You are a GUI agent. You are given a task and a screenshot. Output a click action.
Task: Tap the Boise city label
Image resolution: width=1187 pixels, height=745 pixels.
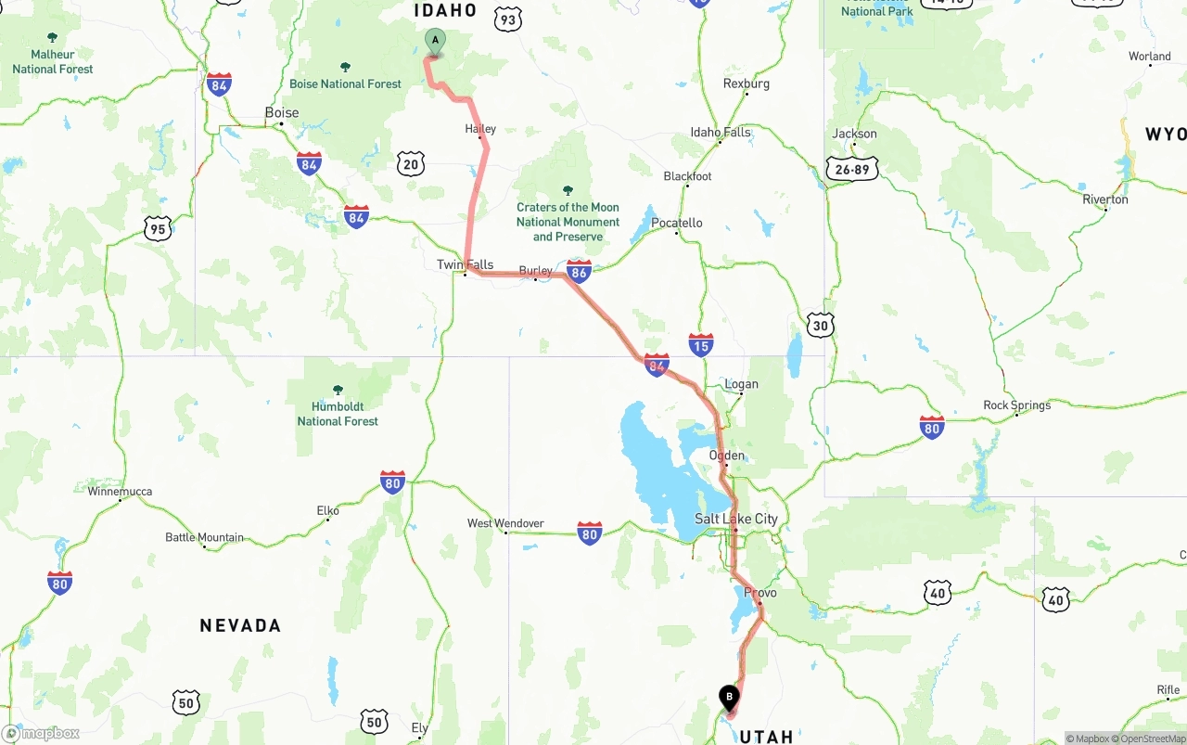282,113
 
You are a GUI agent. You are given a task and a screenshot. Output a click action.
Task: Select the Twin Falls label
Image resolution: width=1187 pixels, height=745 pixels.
465,265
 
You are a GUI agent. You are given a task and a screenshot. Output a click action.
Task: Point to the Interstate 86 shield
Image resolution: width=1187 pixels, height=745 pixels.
580,271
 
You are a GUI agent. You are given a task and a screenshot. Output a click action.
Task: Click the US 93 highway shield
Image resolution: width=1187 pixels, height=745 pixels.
508,19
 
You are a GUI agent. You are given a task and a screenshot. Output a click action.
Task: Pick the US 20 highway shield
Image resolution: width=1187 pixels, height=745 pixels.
411,165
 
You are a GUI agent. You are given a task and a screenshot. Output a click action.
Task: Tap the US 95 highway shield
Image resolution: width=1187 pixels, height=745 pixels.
158,228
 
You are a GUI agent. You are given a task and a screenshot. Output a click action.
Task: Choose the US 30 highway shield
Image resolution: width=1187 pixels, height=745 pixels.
820,325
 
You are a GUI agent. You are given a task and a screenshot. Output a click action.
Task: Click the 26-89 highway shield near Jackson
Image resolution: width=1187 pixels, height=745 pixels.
851,168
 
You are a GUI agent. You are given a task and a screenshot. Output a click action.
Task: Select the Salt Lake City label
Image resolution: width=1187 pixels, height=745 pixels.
736,520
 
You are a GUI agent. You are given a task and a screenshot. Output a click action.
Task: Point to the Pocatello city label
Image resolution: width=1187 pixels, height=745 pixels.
677,224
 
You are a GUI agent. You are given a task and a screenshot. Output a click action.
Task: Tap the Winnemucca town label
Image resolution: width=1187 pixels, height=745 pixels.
120,492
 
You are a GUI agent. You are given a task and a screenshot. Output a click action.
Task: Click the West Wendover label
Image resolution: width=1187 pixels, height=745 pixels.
505,524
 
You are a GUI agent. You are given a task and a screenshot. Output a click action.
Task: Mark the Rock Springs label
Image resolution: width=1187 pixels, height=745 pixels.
1017,405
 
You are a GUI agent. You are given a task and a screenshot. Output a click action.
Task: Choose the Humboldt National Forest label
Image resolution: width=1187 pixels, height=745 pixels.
338,413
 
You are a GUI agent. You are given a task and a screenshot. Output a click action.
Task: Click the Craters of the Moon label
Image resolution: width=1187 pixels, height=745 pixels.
568,222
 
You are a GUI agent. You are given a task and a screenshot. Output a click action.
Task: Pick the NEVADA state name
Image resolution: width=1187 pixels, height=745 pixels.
240,626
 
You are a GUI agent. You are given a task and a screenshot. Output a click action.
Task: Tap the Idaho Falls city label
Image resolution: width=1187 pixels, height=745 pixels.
721,133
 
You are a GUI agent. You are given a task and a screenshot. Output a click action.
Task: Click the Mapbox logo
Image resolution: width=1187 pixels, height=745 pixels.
42,733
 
